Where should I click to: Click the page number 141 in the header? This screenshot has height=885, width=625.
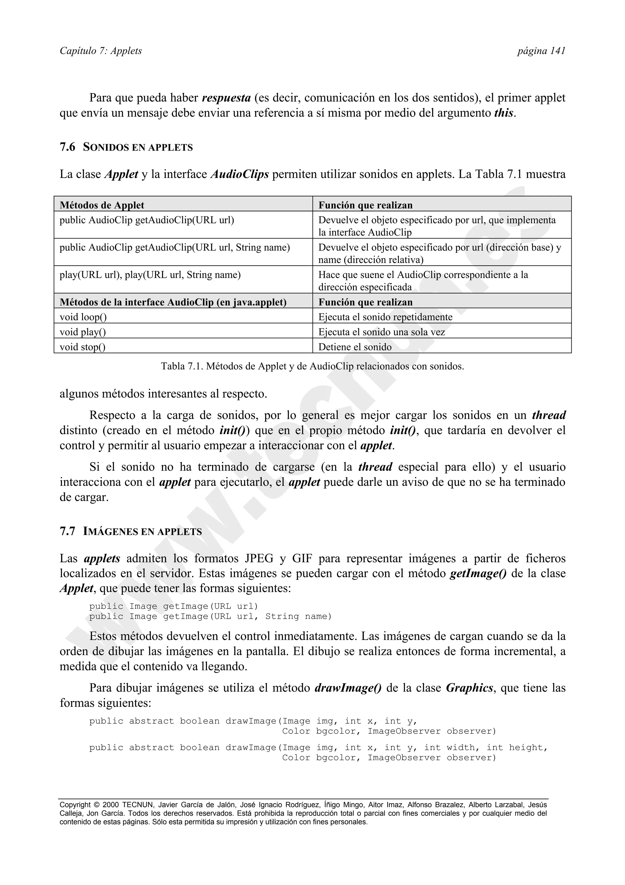[558, 51]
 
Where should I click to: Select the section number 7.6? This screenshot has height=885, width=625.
[67, 147]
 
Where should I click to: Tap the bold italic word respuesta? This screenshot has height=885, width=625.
[226, 98]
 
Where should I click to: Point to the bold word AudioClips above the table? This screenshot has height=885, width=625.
[240, 174]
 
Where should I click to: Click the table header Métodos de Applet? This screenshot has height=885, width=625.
[102, 205]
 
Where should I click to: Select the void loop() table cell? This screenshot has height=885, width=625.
[83, 317]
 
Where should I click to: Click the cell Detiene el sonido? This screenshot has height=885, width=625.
[355, 347]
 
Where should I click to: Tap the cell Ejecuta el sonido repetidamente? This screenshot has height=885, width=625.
[385, 317]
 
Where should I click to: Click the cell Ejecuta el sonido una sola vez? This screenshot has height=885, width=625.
[381, 332]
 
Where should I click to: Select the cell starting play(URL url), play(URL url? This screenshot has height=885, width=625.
[150, 275]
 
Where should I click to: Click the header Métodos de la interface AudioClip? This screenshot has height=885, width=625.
[173, 302]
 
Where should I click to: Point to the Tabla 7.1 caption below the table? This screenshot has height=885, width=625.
[312, 366]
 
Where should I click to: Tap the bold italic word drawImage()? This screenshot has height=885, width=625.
[348, 688]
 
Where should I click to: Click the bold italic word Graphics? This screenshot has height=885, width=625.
[469, 688]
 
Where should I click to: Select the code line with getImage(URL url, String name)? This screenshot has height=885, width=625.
[210, 616]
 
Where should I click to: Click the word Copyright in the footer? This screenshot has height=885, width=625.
[75, 805]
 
